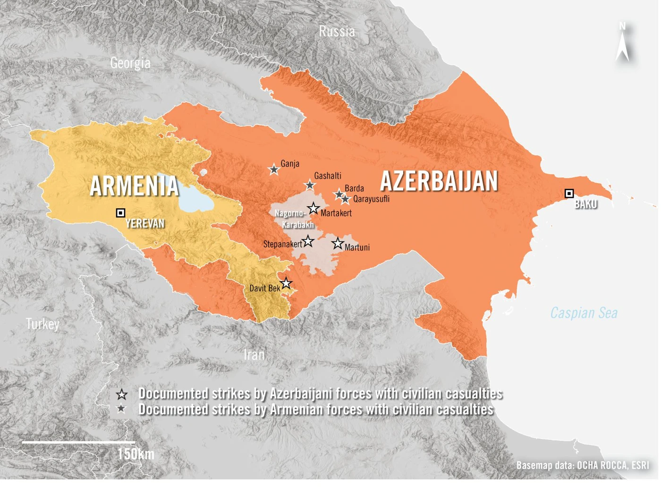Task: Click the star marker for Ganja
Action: pos(274,169)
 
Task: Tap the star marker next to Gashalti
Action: pos(310,185)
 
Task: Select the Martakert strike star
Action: pos(314,208)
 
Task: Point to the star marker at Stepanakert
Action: pos(308,241)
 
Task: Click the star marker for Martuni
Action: pos(337,243)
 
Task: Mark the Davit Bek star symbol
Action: pos(286,284)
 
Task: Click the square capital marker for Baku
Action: pos(569,193)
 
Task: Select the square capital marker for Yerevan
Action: pos(120,213)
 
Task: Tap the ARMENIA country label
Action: pos(134,185)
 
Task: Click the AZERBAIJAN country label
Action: pos(439,181)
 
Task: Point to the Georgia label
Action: pos(130,63)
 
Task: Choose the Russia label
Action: pos(337,32)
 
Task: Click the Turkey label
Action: pos(42,324)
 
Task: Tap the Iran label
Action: pos(254,354)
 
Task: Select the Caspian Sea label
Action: pos(584,313)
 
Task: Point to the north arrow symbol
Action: pos(622,43)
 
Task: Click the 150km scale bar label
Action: pos(136,454)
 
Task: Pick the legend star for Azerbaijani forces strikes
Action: pos(122,395)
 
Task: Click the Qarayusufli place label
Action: pos(371,199)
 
